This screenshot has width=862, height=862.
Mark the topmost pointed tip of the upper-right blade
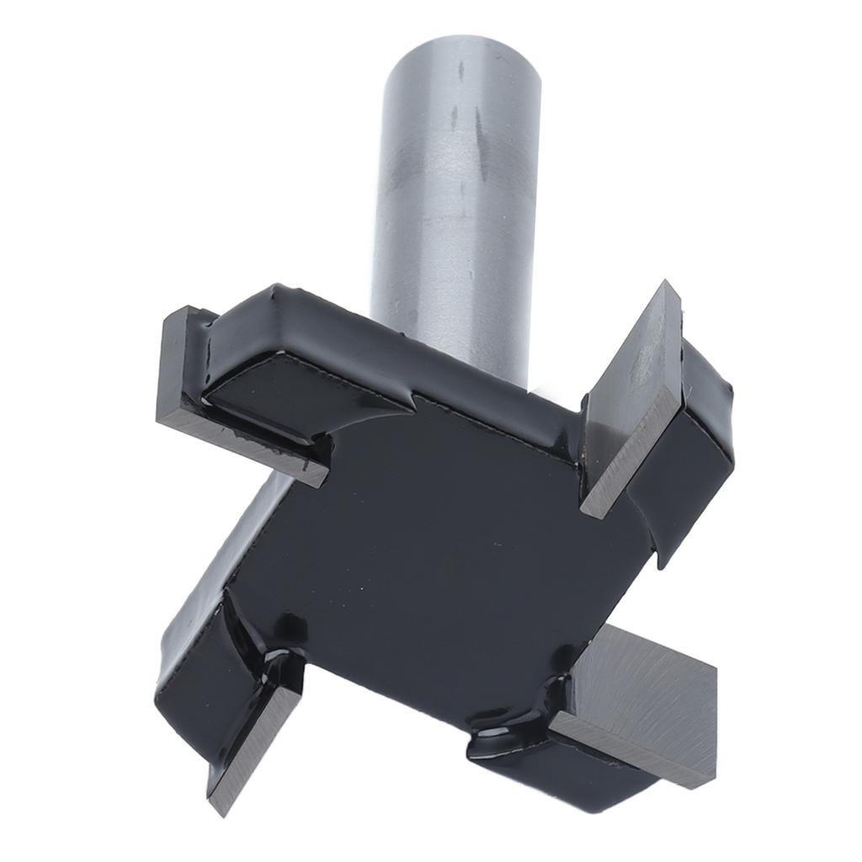[668, 284]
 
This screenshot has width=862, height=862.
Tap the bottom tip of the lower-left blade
[221, 811]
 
